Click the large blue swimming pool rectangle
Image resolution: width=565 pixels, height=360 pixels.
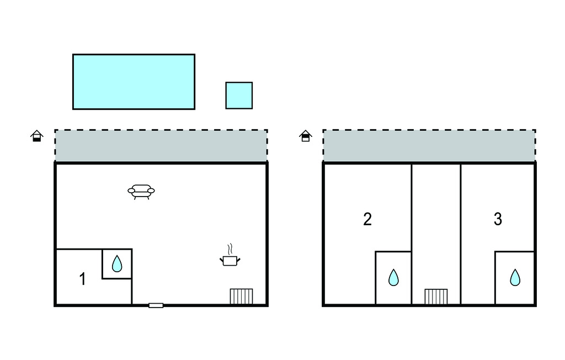[x=134, y=82]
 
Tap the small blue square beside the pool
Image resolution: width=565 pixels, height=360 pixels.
[x=239, y=96]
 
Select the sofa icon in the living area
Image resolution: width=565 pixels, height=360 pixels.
[x=141, y=191]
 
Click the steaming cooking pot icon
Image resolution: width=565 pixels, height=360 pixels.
[x=230, y=260]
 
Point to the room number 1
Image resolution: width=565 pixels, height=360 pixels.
[x=83, y=279]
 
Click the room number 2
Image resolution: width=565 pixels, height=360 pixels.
[x=367, y=219]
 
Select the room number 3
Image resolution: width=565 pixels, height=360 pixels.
[x=498, y=219]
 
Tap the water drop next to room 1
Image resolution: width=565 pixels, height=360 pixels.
[x=117, y=264]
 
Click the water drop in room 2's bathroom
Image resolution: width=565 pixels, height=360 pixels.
[x=393, y=277]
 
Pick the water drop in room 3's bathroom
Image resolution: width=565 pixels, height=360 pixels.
[x=515, y=277]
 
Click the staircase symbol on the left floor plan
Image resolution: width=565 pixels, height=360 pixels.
[x=241, y=297]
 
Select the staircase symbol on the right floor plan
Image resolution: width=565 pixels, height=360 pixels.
[x=436, y=297]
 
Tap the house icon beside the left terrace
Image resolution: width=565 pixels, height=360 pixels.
[x=36, y=136]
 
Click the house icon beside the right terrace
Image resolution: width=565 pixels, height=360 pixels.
[x=305, y=136]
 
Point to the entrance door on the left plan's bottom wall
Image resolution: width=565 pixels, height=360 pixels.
[x=156, y=305]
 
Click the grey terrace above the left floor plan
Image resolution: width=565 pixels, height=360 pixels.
[x=161, y=146]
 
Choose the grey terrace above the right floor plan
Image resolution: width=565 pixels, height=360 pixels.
[x=429, y=146]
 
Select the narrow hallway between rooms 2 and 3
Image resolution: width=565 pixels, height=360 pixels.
[x=436, y=221]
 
